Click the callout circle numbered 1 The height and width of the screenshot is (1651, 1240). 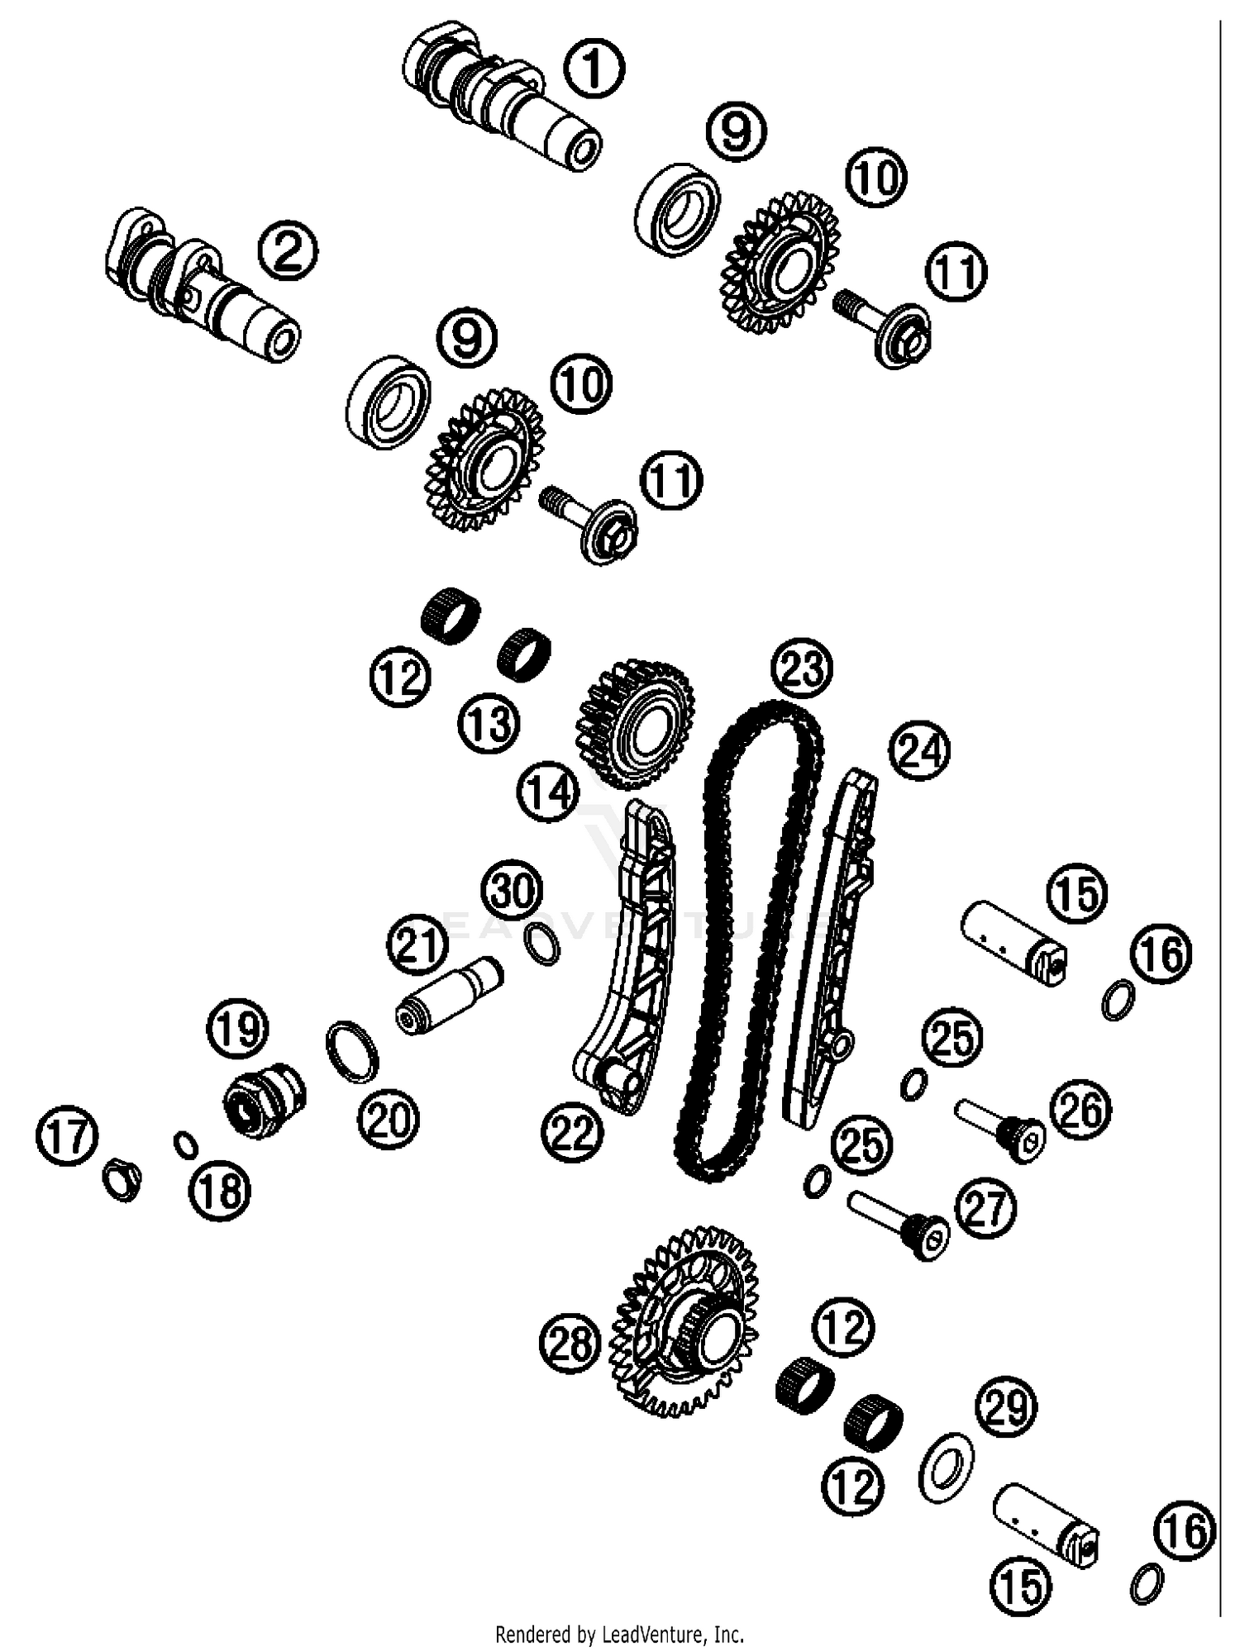coord(595,69)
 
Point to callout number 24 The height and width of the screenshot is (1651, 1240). coord(919,750)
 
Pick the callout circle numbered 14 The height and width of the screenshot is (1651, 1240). coord(548,792)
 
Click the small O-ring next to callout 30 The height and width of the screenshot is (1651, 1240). coord(542,944)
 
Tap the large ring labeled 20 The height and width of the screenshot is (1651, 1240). coord(354,1051)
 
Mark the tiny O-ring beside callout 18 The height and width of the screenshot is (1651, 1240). coord(185,1144)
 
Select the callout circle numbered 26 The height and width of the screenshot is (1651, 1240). coord(1080,1109)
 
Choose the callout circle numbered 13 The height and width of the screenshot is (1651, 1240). coord(489,724)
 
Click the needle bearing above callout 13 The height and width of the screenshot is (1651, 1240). coord(524,650)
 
